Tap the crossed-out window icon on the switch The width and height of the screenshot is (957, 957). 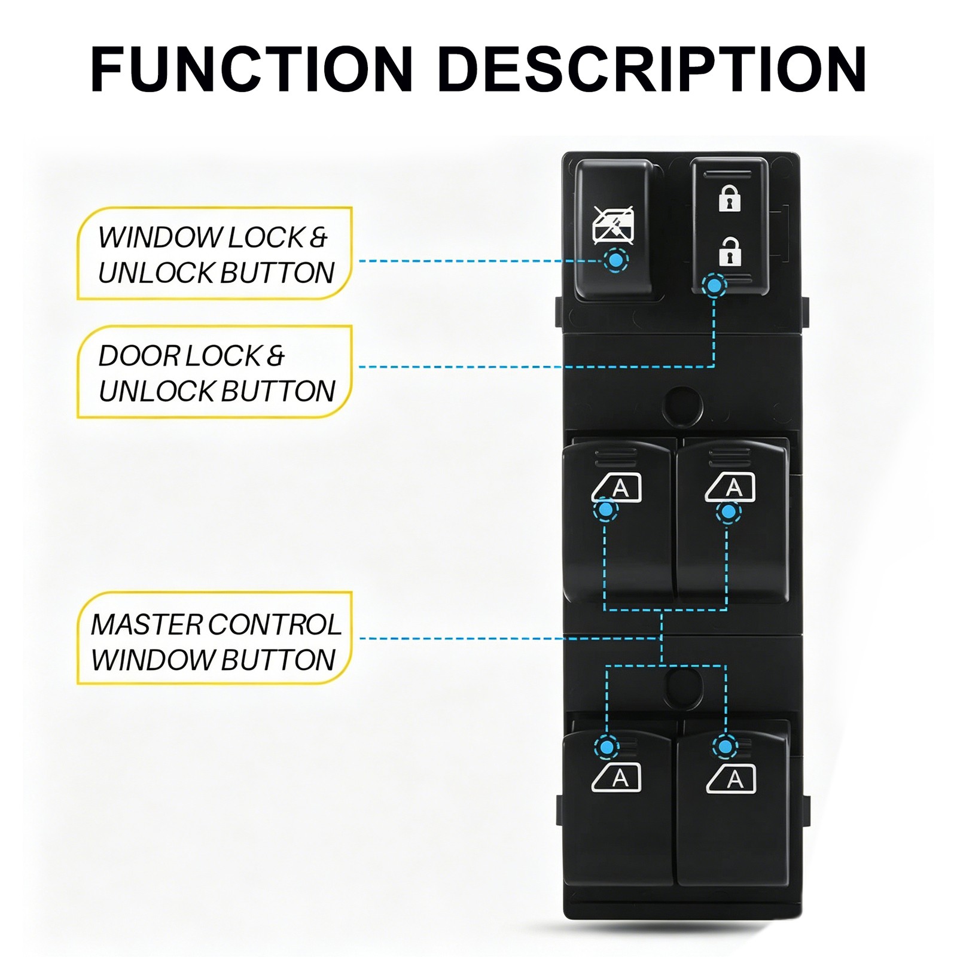click(613, 225)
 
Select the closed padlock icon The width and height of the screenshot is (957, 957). click(729, 198)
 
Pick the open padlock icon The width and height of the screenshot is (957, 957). click(729, 251)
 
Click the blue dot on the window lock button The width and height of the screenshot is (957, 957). click(615, 260)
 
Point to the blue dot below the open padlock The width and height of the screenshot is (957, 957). click(714, 287)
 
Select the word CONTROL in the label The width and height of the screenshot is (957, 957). click(275, 625)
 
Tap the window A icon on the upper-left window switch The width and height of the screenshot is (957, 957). click(617, 487)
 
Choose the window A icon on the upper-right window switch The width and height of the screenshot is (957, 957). click(730, 487)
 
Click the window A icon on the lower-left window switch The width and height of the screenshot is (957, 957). click(617, 778)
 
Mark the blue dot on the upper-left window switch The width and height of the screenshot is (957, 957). click(605, 510)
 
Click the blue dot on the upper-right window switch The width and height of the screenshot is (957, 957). click(729, 512)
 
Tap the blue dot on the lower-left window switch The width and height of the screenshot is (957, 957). click(606, 746)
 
